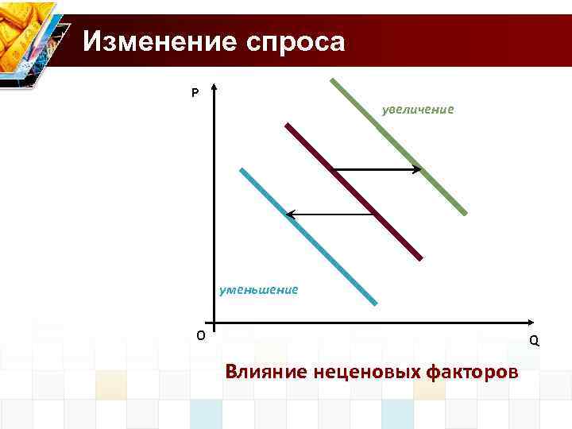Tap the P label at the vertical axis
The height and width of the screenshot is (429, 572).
click(x=195, y=94)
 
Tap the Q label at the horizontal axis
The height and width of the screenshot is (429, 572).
click(x=534, y=341)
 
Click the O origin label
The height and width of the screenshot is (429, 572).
click(x=200, y=334)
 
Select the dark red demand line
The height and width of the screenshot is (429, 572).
click(x=354, y=191)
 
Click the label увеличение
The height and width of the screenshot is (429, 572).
click(x=418, y=109)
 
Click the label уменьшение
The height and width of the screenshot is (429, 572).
click(x=259, y=290)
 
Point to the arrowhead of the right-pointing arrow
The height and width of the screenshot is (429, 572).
click(x=418, y=169)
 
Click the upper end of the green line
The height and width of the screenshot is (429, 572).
click(x=332, y=79)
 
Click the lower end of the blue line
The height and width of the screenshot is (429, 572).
click(x=375, y=303)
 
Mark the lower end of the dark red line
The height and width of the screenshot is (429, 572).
click(x=420, y=258)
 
